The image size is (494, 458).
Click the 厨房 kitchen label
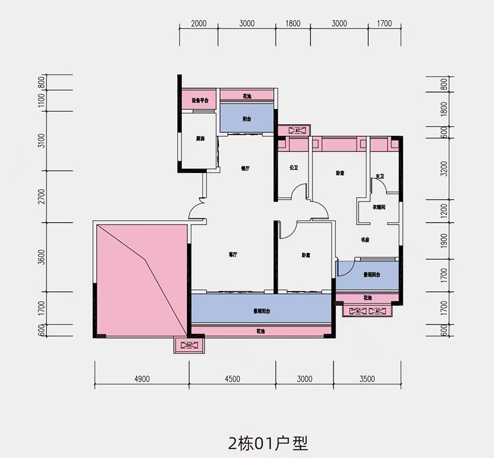tap(201, 139)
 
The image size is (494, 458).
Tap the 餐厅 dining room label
tap(245, 169)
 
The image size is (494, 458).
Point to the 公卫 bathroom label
tap(293, 168)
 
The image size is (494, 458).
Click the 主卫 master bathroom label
tap(380, 176)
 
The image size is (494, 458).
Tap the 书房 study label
tap(366, 238)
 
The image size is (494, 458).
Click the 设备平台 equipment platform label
tap(200, 100)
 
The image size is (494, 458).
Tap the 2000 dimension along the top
tap(199, 24)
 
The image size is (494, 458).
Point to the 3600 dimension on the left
tap(40, 256)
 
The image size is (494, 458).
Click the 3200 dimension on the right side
tap(444, 168)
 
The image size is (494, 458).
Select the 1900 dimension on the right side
tap(444, 240)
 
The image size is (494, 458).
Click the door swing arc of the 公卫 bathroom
tap(299, 191)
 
